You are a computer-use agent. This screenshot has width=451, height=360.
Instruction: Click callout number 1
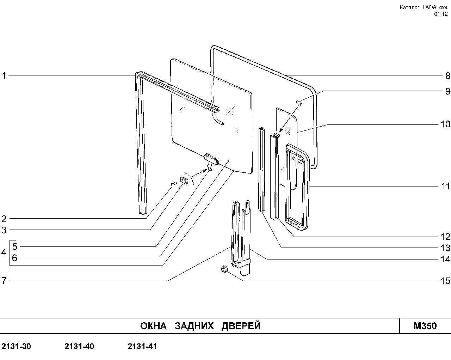pyautogui.click(x=4, y=75)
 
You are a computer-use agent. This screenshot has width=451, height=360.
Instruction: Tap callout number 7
pyautogui.click(x=4, y=280)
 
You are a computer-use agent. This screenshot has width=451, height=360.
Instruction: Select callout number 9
pyautogui.click(x=447, y=91)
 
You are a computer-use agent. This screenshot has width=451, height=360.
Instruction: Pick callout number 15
pyautogui.click(x=445, y=281)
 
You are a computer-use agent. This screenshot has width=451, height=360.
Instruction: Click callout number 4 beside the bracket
pyautogui.click(x=4, y=252)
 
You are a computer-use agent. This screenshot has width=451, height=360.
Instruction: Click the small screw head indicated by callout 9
pyautogui.click(x=299, y=102)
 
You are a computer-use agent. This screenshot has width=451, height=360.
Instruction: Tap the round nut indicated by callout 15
pyautogui.click(x=224, y=269)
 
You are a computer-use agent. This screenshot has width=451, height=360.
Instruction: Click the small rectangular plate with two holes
pyautogui.click(x=184, y=180)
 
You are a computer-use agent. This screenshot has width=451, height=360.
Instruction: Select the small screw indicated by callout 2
pyautogui.click(x=174, y=184)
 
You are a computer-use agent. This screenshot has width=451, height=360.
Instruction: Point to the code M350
pyautogui.click(x=425, y=326)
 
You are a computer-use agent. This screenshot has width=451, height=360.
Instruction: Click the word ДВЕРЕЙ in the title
pyautogui.click(x=241, y=326)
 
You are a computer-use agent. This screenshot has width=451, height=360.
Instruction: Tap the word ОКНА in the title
pyautogui.click(x=153, y=326)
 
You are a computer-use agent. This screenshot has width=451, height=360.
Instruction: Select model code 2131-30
pyautogui.click(x=16, y=346)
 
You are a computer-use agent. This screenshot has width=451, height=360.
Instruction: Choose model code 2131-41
pyautogui.click(x=142, y=346)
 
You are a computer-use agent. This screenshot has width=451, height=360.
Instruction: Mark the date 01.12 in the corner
pyautogui.click(x=441, y=14)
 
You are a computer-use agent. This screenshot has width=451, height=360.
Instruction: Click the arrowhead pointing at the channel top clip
pyautogui.click(x=281, y=133)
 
